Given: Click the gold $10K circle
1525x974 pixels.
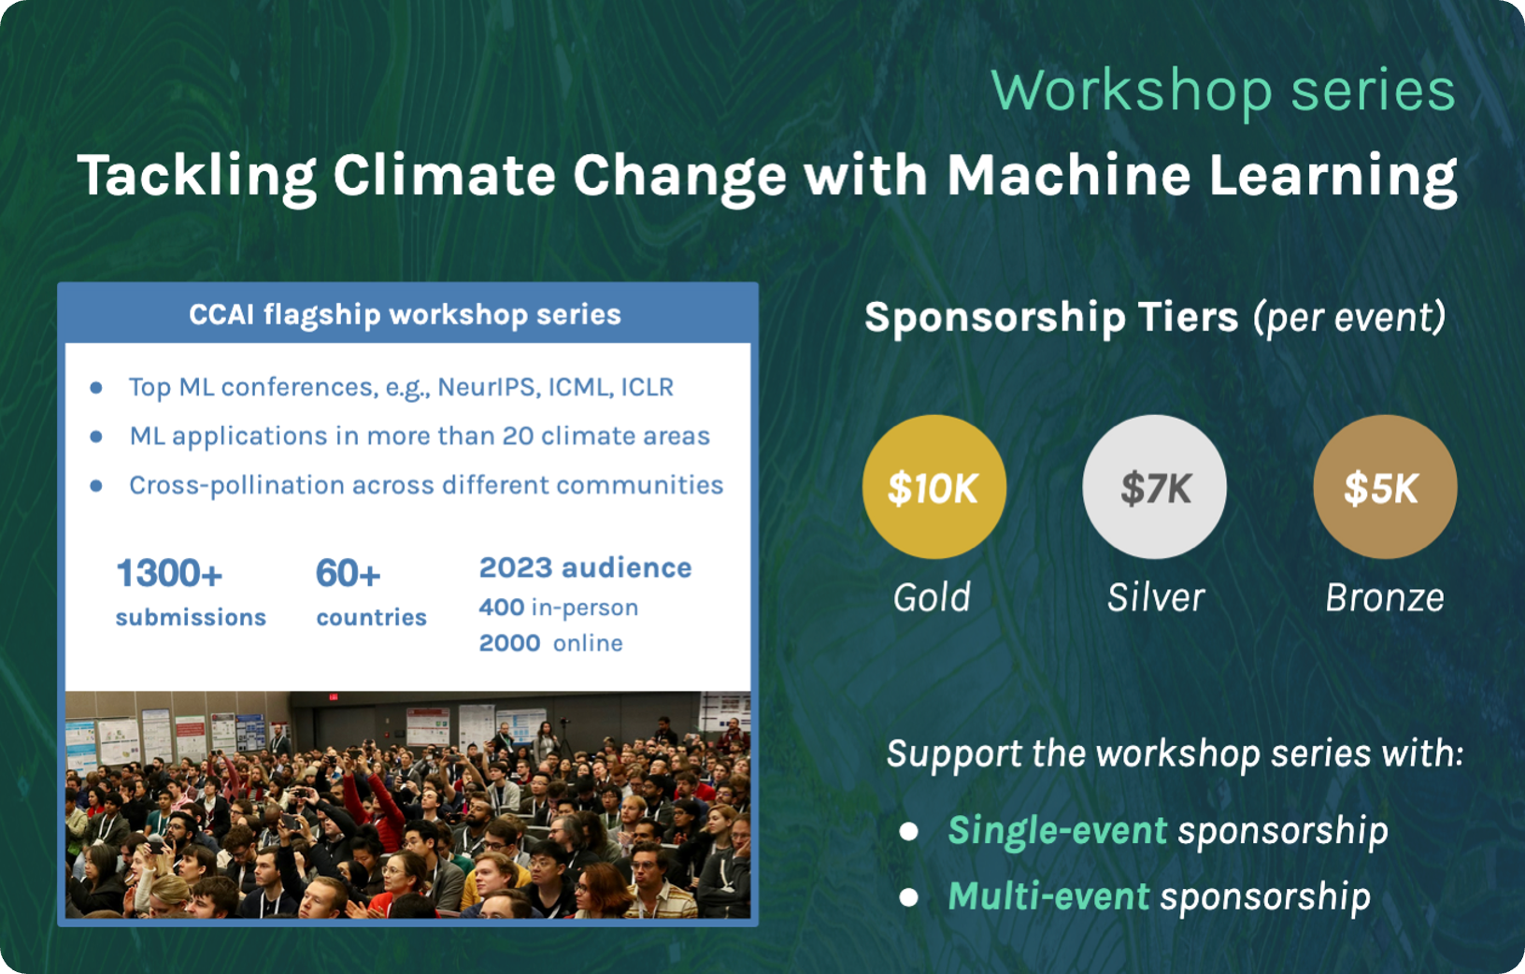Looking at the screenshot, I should (934, 487).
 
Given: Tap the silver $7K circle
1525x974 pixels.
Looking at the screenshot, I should (1155, 487).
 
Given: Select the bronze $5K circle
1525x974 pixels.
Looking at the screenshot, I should (1384, 487).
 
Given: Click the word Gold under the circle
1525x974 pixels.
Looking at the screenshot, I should (932, 597).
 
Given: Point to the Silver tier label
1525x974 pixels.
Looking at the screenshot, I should (1156, 597).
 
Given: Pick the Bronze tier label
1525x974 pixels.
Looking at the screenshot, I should (1384, 597).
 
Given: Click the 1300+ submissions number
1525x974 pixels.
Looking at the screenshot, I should (169, 573).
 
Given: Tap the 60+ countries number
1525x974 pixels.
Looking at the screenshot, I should (348, 573).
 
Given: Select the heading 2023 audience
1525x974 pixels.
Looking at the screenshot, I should (585, 567).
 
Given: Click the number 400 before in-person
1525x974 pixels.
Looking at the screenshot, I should (502, 608).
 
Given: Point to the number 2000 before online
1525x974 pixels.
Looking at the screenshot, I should (509, 643).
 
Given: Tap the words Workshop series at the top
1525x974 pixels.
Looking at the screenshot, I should (1222, 91).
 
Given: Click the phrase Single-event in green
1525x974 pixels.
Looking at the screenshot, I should (1057, 830).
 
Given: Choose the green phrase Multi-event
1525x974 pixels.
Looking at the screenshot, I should (1048, 896).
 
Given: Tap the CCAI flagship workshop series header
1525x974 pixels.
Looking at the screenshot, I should (405, 314).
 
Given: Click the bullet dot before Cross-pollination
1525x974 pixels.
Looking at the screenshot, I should (96, 485).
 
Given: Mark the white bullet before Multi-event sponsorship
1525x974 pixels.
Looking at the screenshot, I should (908, 897).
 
